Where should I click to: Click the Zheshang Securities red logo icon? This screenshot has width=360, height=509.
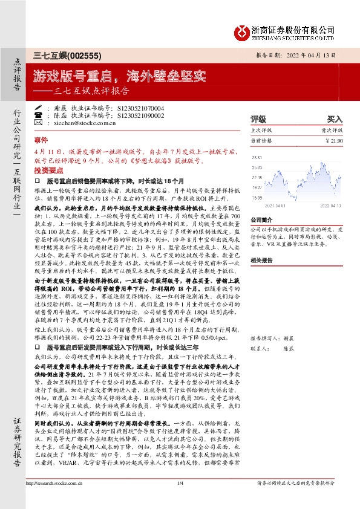click(x=241, y=31)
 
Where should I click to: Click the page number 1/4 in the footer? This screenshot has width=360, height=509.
click(x=180, y=500)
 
